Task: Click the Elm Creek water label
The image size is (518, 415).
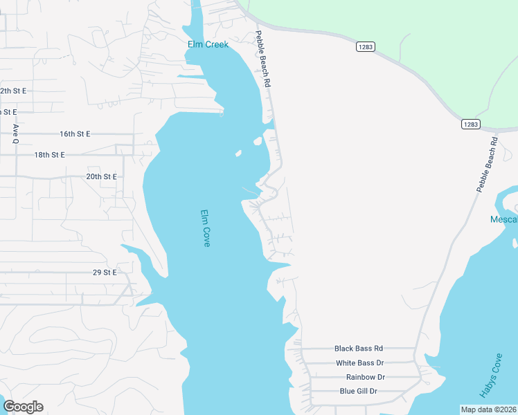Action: (x=208, y=45)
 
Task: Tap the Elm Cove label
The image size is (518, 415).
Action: (x=205, y=228)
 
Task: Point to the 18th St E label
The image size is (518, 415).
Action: (x=49, y=155)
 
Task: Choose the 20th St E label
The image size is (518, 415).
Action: (x=101, y=176)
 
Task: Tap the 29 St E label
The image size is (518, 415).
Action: (x=105, y=273)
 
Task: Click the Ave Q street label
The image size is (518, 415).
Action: (x=15, y=133)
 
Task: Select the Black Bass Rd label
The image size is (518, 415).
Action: (x=359, y=349)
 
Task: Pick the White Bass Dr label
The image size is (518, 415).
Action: (x=359, y=363)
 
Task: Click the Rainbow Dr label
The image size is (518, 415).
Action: (x=365, y=377)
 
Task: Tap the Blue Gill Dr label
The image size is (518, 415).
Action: (x=358, y=391)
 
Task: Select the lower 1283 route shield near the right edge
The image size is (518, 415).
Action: (x=470, y=124)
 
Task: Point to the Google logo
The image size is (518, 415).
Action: (x=23, y=407)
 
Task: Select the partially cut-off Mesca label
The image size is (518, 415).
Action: (x=503, y=219)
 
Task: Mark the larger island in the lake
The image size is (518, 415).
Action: (x=258, y=141)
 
